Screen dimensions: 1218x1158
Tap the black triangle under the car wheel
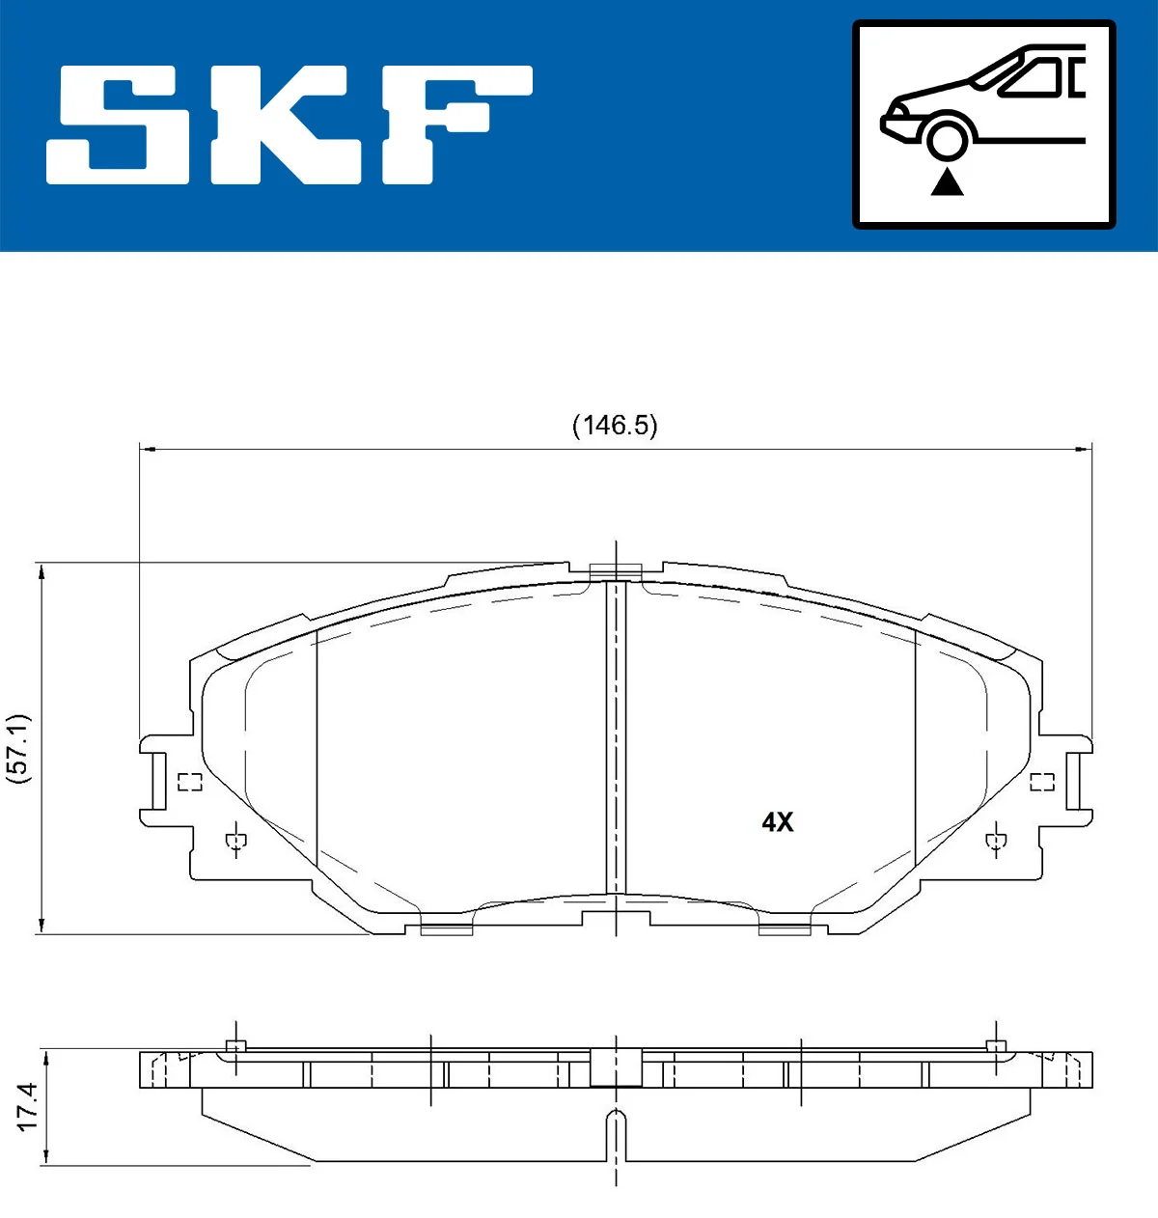click(x=947, y=181)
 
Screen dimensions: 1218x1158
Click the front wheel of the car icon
click(x=947, y=138)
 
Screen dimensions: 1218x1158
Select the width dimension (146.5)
click(x=615, y=426)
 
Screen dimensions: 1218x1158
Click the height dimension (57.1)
click(x=19, y=748)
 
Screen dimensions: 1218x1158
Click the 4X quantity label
click(x=777, y=822)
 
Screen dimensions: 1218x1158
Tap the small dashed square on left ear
click(x=190, y=782)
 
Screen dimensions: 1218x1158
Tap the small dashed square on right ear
click(x=1041, y=782)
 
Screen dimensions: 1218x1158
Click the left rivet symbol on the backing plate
click(x=234, y=842)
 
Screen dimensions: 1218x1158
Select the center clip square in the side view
click(x=616, y=1066)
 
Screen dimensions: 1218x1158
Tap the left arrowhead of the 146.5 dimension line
click(x=148, y=448)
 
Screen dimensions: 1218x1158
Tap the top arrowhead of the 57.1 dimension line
click(x=41, y=571)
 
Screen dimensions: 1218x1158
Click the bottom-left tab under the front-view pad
click(x=446, y=929)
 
